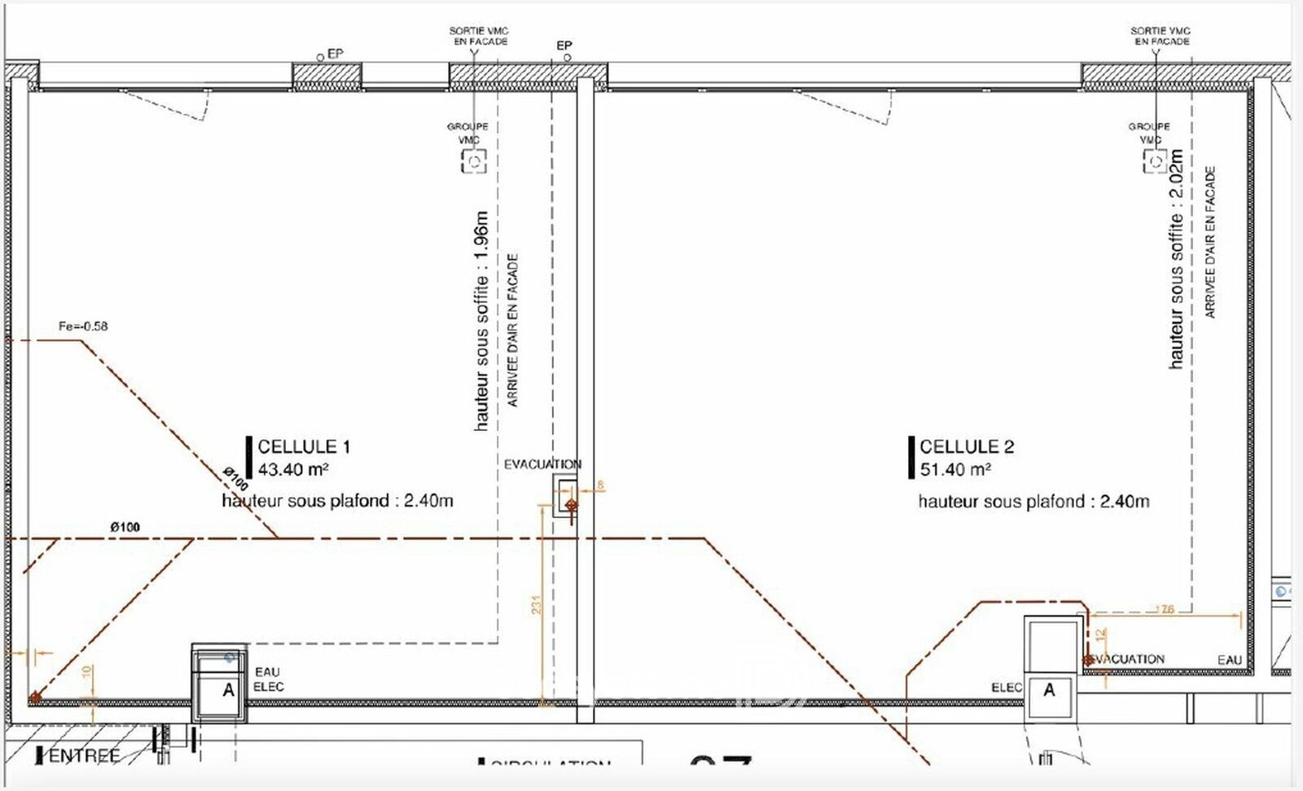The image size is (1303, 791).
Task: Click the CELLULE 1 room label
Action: point(304,446)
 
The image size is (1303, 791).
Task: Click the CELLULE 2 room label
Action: point(967,446)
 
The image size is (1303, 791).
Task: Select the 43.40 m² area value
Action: point(292,469)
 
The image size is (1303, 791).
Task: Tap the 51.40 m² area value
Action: point(955,469)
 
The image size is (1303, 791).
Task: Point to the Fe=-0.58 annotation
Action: point(83,326)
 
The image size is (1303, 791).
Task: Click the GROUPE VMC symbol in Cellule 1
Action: point(474,160)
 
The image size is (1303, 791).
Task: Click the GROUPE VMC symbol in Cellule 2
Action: point(1155,160)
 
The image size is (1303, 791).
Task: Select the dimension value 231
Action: point(537,604)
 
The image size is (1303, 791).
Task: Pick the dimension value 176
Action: point(1165,609)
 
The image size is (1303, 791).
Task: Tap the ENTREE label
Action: point(84,756)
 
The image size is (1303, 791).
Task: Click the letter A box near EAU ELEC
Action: point(229,691)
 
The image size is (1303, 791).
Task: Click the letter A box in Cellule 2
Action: point(1049,690)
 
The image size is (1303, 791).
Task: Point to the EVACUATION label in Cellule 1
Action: point(542,464)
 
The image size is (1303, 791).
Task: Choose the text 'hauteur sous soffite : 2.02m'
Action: point(1176,259)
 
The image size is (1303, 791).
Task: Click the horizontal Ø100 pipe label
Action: point(125,527)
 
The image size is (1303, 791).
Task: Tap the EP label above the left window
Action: point(335,53)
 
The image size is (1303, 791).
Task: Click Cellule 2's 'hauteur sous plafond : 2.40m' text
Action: point(1033,501)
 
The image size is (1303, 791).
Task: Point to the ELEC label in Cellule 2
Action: point(1007,688)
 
